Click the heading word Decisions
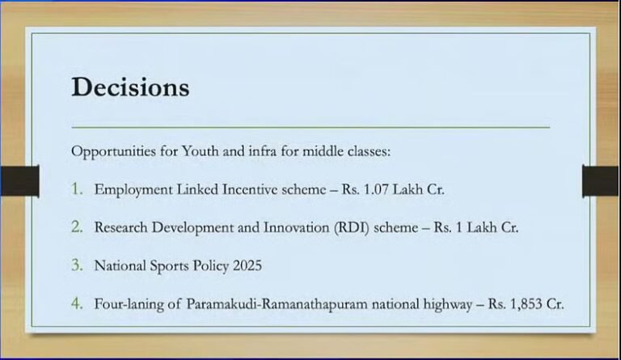click(130, 87)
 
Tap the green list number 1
click(77, 189)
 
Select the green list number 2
click(77, 227)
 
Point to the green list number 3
click(77, 265)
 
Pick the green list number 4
click(77, 303)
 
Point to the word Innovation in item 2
click(286, 227)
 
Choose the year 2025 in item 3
click(244, 265)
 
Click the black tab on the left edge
click(19, 180)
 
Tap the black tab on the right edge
click(600, 180)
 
